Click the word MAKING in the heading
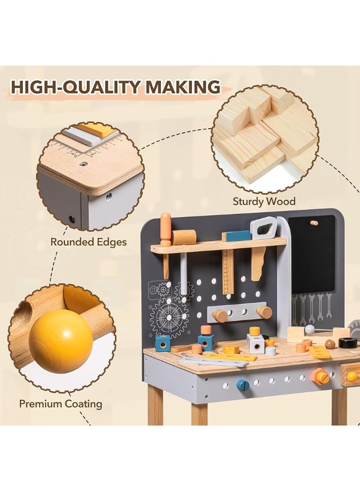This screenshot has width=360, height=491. (x=183, y=87)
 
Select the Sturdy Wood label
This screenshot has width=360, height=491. (x=264, y=201)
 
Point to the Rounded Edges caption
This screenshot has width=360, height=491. (x=88, y=242)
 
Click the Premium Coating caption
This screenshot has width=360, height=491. (x=61, y=404)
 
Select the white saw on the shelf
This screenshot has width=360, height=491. (x=263, y=228)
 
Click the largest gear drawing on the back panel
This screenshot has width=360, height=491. (x=169, y=317)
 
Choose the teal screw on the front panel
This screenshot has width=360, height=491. (x=243, y=385)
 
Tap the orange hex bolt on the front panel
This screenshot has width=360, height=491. (x=321, y=376)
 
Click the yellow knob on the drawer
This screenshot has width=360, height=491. (x=352, y=376)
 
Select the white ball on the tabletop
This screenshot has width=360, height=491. (x=310, y=329)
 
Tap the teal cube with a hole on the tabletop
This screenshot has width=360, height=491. (x=163, y=343)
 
